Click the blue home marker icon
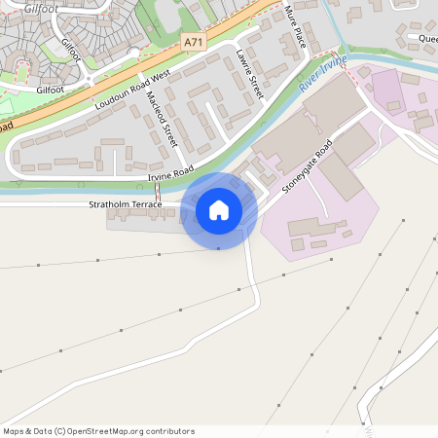(x=219, y=210)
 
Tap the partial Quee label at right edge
(x=427, y=40)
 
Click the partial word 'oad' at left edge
(x=6, y=126)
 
